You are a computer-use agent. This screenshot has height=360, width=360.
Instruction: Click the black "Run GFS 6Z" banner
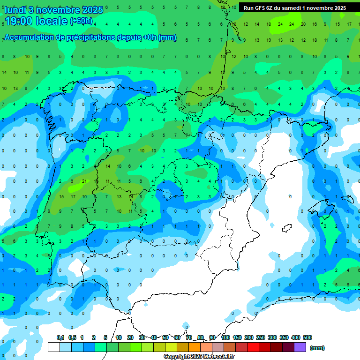click(x=295, y=8)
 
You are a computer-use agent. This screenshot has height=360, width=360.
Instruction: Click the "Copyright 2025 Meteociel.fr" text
click(x=199, y=357)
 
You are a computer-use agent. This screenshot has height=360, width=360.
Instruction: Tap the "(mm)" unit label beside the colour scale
click(x=317, y=348)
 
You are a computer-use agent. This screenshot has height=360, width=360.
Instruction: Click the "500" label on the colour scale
click(x=307, y=337)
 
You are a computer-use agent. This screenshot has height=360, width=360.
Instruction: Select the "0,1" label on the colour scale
click(x=60, y=337)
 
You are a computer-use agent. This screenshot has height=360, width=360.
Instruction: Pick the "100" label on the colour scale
click(x=225, y=337)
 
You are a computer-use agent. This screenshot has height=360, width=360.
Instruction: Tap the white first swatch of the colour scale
click(x=54, y=347)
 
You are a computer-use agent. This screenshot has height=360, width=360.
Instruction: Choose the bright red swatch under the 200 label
click(x=253, y=347)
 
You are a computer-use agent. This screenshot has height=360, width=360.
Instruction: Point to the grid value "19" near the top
click(x=269, y=40)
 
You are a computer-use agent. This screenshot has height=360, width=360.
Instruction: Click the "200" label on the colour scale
click(x=249, y=337)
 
